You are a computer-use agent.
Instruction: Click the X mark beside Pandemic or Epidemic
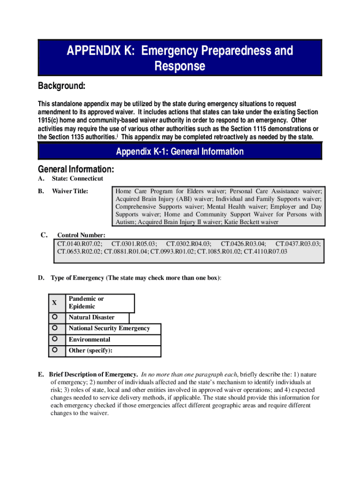pos(55,303)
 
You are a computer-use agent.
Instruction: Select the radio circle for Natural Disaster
pos(55,317)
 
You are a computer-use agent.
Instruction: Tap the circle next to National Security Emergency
pos(55,328)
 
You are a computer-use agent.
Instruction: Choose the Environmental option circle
pos(55,339)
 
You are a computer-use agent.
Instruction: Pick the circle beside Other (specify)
pos(55,350)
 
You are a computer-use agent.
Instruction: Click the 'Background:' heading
pos(61,87)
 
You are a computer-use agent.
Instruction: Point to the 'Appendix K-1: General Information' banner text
pos(180,152)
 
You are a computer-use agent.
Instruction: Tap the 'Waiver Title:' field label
pos(70,191)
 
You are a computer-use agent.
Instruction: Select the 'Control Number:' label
pos(81,235)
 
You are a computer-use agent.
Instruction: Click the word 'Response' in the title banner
pos(180,66)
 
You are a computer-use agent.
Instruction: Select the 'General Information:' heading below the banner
pos(76,169)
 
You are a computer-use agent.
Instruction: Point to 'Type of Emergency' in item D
pos(77,278)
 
